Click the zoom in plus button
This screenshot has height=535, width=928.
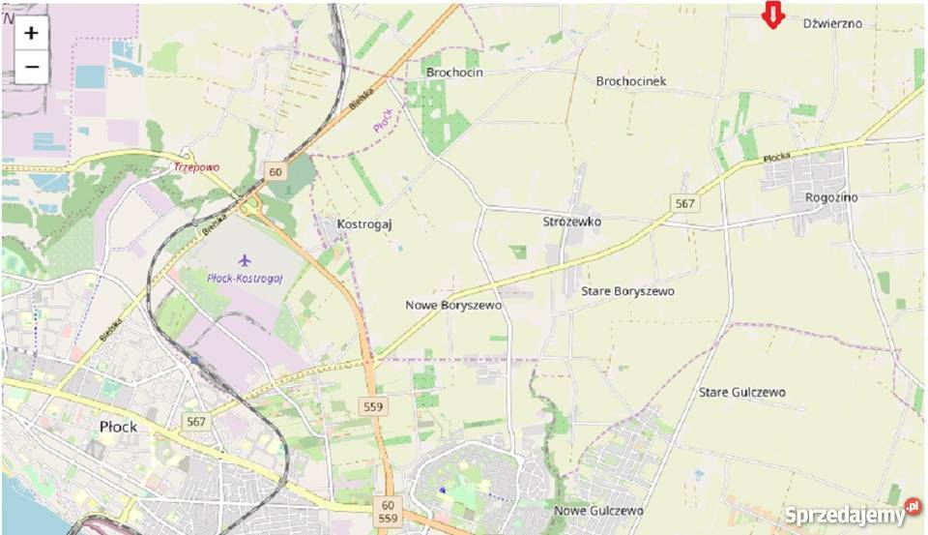point(31,33)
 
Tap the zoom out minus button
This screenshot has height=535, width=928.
point(31,67)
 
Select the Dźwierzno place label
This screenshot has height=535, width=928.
point(832,22)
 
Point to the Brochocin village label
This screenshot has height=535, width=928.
point(453,73)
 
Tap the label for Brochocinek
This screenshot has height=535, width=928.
point(631,81)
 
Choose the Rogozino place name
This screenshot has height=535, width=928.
point(830,197)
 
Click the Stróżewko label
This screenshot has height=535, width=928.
point(572,222)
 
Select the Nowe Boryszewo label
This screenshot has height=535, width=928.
point(453,305)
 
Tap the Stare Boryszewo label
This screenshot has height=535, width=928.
point(627,290)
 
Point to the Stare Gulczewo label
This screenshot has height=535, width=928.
point(741,392)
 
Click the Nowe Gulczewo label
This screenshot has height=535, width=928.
point(598,510)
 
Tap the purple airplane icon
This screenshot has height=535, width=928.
point(244,260)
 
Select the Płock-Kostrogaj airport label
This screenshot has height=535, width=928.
point(244,278)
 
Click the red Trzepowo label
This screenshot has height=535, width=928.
point(195,166)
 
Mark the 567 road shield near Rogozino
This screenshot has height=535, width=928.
point(685,203)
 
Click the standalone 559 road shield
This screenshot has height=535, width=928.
point(373,407)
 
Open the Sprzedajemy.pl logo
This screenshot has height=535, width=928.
point(852,514)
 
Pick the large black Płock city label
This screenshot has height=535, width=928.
point(118,426)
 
